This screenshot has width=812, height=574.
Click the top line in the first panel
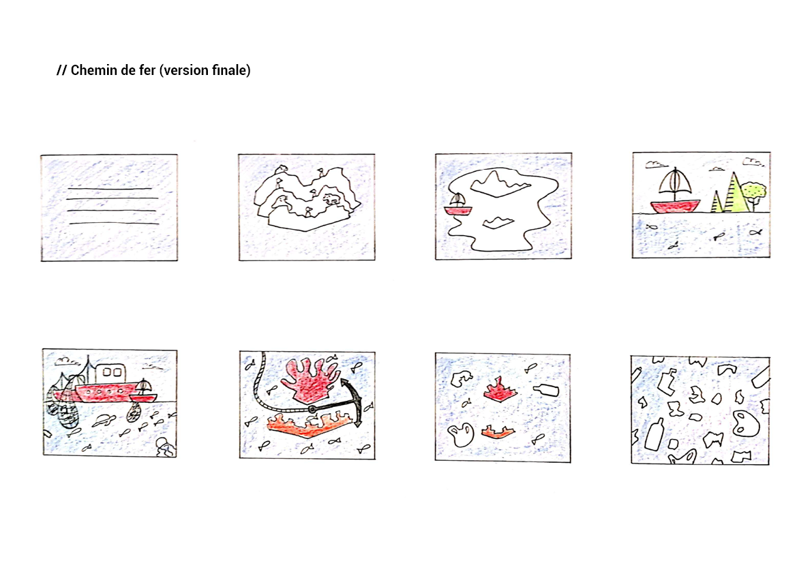(x=110, y=188)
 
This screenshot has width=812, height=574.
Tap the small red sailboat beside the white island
(x=457, y=205)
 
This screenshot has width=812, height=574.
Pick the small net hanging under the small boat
(x=134, y=412)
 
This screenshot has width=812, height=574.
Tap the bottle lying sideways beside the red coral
(x=546, y=390)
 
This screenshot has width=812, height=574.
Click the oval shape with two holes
(x=746, y=424)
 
